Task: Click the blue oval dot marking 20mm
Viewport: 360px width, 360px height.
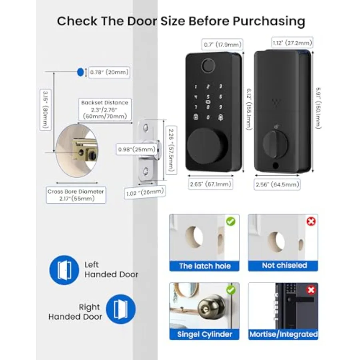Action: coord(80,72)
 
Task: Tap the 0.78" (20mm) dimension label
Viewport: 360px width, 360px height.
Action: coord(109,72)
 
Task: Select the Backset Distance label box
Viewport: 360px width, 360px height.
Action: coord(105,110)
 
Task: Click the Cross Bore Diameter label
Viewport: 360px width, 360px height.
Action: coord(76,195)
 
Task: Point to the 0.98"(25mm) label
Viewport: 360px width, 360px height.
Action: coord(137,150)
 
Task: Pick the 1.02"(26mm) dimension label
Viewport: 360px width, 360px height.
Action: coord(145,192)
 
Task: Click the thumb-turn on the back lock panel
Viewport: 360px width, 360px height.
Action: coord(275,144)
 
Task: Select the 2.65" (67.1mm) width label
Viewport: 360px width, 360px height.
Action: coord(210,184)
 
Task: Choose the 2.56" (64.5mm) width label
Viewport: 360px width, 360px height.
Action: coord(277,184)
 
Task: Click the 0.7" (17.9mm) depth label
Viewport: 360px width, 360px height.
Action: coord(223,44)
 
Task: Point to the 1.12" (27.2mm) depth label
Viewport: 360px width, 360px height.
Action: coord(292,42)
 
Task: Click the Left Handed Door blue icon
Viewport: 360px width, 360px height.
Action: coord(64,270)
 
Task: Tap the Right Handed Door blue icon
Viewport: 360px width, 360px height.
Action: coord(121,309)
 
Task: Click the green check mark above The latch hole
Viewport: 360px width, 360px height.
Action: coord(231,222)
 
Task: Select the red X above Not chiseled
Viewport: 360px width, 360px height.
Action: coord(311,222)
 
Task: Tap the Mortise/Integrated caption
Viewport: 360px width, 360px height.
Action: coord(283,334)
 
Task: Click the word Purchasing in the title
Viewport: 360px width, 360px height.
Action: coord(269,21)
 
